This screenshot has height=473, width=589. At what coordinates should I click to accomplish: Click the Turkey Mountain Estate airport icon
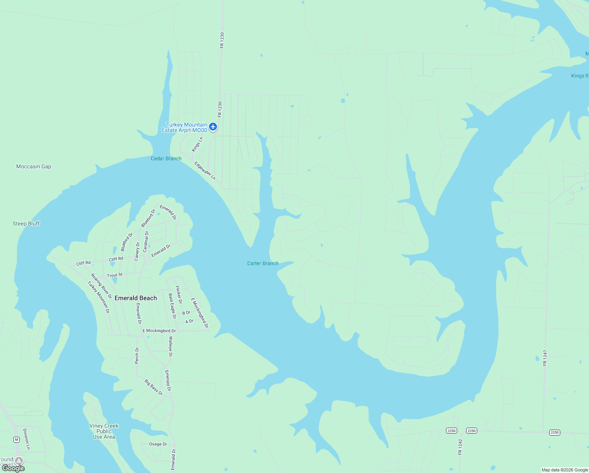pyautogui.click(x=213, y=127)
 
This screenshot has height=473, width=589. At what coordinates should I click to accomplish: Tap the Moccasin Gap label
pyautogui.click(x=33, y=166)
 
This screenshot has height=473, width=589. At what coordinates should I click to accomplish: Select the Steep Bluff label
pyautogui.click(x=26, y=223)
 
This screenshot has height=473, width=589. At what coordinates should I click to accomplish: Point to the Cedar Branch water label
pyautogui.click(x=166, y=158)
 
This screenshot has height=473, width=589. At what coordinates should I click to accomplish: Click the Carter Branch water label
pyautogui.click(x=263, y=263)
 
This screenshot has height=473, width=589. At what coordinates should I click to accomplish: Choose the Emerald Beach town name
pyautogui.click(x=135, y=298)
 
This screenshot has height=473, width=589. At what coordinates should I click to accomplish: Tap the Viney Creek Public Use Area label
pyautogui.click(x=104, y=431)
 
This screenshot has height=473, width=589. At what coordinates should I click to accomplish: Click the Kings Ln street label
pyautogui.click(x=197, y=144)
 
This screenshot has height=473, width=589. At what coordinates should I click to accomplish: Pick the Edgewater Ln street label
pyautogui.click(x=205, y=170)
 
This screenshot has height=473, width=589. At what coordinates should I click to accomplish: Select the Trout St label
pyautogui.click(x=115, y=275)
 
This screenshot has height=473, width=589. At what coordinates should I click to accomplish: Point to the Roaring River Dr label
pyautogui.click(x=102, y=286)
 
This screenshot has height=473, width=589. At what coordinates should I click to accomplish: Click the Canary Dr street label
pyautogui.click(x=137, y=251)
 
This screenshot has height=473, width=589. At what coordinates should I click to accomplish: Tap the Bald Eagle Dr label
pyautogui.click(x=172, y=305)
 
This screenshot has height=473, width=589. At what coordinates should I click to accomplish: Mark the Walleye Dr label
pyautogui.click(x=170, y=346)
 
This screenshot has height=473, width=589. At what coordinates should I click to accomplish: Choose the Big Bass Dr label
pyautogui.click(x=154, y=387)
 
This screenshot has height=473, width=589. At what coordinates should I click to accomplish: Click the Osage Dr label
pyautogui.click(x=158, y=444)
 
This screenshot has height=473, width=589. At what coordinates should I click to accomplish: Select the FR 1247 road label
pyautogui.click(x=545, y=358)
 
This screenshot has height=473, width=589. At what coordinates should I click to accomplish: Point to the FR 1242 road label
pyautogui.click(x=460, y=447)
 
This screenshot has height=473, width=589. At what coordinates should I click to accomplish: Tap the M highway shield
pyautogui.click(x=16, y=439)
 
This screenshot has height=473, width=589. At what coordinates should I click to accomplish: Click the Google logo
pyautogui.click(x=14, y=468)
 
